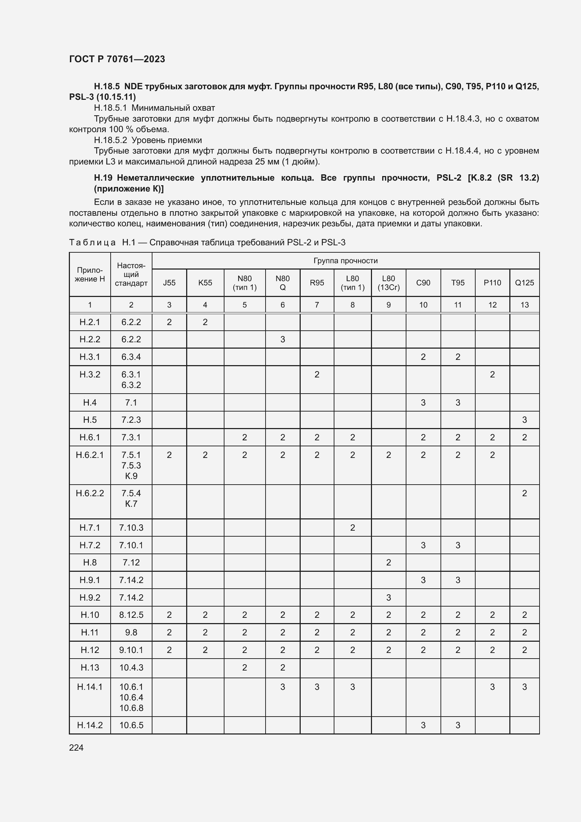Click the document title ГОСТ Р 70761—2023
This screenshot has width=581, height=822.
117,59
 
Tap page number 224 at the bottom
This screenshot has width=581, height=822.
76,747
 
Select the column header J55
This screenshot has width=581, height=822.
169,283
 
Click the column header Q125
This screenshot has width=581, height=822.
524,283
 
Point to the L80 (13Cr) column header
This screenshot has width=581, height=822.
389,283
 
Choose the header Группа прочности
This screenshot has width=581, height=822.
345,261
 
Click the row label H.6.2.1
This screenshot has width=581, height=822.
90,455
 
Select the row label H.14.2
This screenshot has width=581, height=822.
90,725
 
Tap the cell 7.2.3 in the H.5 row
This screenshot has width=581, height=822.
131,420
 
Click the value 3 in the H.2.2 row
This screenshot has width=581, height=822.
283,339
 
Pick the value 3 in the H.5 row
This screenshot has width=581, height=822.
524,420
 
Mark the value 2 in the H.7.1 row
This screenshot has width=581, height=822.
352,527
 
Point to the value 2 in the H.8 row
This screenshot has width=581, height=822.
389,562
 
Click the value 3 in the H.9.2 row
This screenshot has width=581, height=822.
389,597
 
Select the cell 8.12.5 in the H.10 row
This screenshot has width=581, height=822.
131,615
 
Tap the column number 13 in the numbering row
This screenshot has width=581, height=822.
524,305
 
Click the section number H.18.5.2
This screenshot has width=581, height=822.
110,140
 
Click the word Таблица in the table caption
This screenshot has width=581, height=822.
92,243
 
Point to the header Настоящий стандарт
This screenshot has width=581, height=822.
131,274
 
